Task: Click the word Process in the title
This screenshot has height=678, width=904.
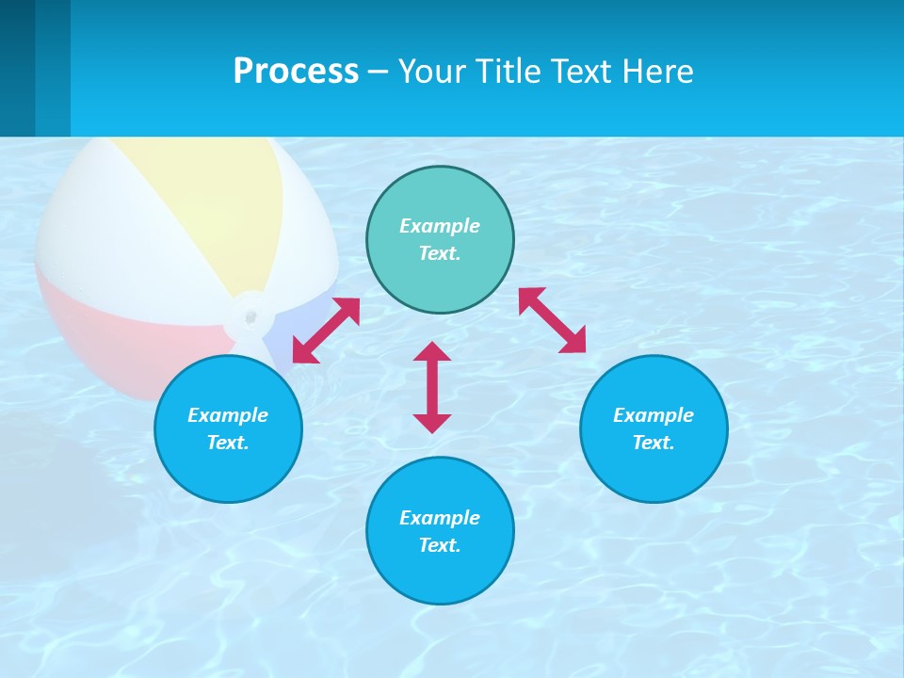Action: pyautogui.click(x=296, y=72)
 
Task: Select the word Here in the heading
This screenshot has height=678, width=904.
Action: pyautogui.click(x=658, y=72)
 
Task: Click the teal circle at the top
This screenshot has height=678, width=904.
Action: pyautogui.click(x=440, y=282)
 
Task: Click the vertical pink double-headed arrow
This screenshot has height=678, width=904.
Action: pyautogui.click(x=432, y=387)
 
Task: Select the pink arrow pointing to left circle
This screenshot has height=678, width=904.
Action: pyautogui.click(x=326, y=331)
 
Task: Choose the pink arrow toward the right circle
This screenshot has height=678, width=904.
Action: pyautogui.click(x=552, y=320)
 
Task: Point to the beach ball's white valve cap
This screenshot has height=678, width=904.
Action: pyautogui.click(x=250, y=315)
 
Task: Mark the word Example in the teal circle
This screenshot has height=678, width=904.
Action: pyautogui.click(x=440, y=226)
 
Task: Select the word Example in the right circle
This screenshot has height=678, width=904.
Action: pyautogui.click(x=654, y=415)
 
